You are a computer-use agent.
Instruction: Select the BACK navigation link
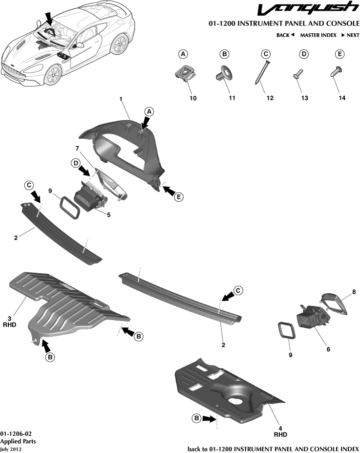coord(285,35)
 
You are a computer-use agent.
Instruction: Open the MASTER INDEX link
coord(318,35)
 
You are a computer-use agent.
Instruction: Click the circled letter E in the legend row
coord(339,54)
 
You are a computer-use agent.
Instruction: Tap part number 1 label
coord(121,99)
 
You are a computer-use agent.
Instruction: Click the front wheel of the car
coord(53,75)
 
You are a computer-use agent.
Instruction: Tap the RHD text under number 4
coord(280,434)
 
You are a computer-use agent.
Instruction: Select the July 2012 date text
coord(11,449)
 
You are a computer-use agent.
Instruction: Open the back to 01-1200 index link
coord(273,449)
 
